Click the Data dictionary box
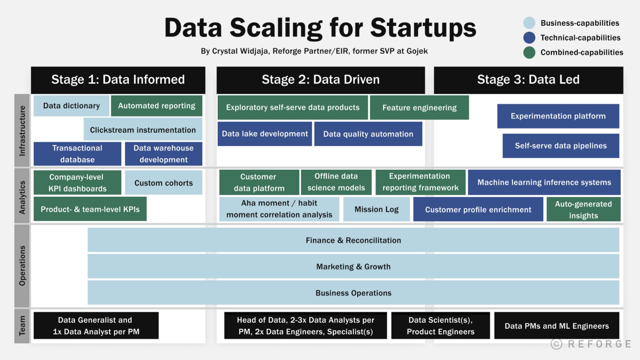[71, 106]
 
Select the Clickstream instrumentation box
[143, 129]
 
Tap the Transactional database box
[77, 154]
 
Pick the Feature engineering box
[419, 107]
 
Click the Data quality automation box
[368, 134]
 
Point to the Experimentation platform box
[558, 116]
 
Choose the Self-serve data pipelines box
[561, 146]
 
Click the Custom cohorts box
[163, 183]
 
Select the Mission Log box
[376, 210]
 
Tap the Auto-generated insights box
[583, 210]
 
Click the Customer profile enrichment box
[478, 210]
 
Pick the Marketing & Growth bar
[353, 267]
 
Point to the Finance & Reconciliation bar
[353, 240]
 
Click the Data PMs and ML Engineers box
[556, 326]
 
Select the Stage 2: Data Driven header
[320, 80]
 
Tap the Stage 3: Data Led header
[528, 80]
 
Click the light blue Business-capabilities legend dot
[529, 23]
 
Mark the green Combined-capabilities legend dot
[529, 52]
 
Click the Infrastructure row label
[22, 131]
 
